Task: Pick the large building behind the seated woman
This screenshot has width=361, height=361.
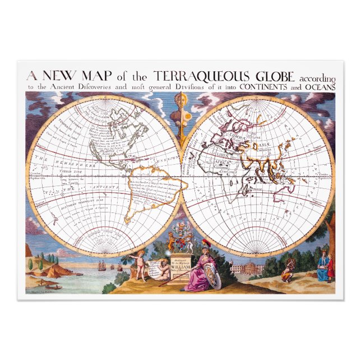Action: click(246, 267)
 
